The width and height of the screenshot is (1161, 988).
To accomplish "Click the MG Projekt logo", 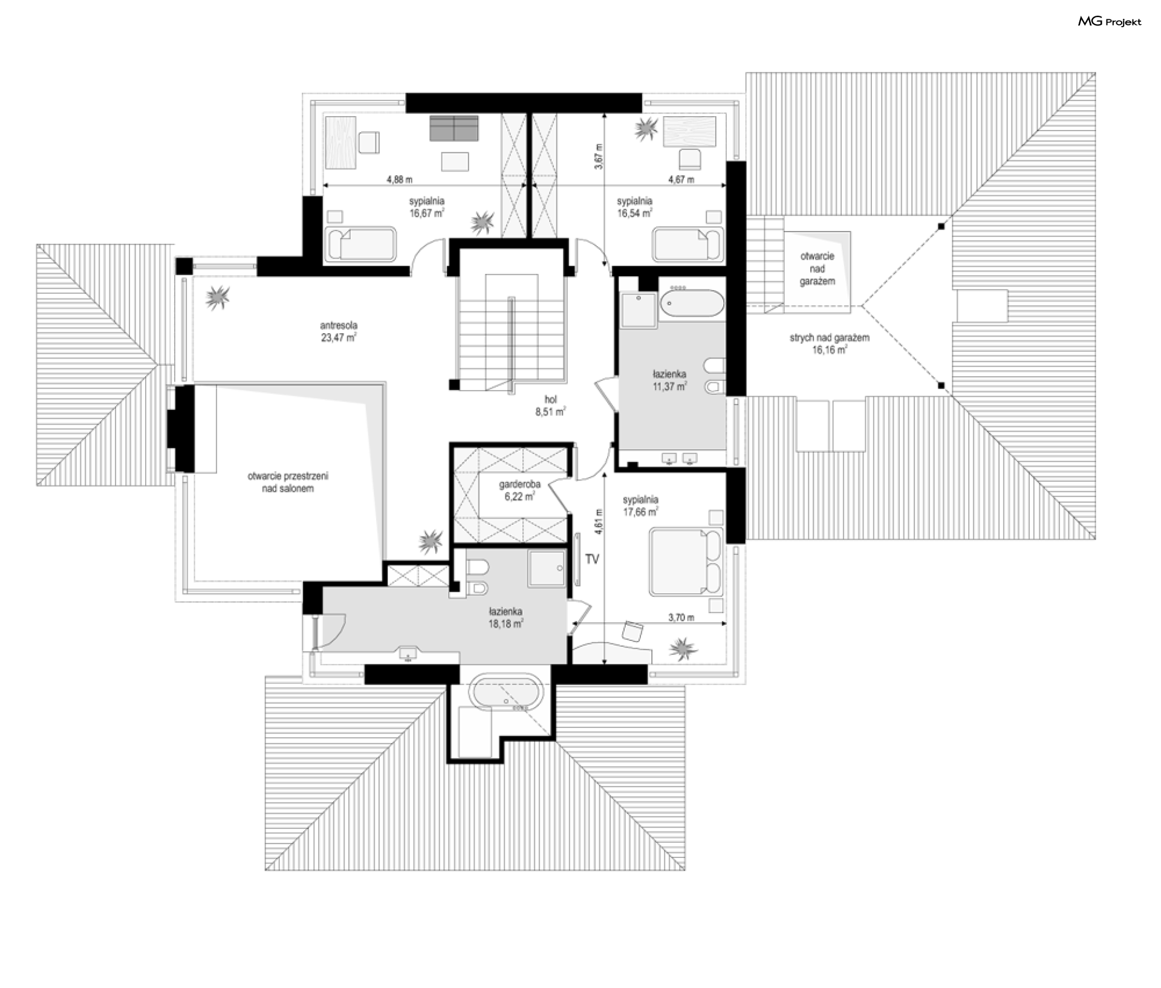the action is pos(1110,22).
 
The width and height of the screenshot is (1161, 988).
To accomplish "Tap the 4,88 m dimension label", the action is pos(400,180).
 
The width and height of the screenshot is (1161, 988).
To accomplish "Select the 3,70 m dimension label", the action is pos(681,617).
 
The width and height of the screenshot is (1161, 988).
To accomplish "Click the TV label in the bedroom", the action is pos(592,559).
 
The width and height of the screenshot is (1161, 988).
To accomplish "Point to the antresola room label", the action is pos(339,331).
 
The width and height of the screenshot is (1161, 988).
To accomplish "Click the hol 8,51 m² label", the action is pos(550,406).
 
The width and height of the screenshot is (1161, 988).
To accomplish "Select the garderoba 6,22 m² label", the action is pos(519,490).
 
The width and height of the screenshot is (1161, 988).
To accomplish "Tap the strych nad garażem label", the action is pos(829,343).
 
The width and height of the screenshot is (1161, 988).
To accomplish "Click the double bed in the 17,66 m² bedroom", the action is pos(686,562).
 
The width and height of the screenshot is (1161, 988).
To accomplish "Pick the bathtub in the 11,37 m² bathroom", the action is pos(691,304).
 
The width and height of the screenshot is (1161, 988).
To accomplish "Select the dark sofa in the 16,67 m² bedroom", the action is pos(454,127).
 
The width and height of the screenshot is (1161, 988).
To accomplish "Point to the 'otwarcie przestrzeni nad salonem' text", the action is pos(288,483).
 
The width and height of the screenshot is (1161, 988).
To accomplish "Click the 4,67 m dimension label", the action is pos(681,180).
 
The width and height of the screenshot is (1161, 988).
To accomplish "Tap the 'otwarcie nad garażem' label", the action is pos(817,268).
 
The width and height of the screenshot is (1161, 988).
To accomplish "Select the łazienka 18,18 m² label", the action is pos(506,617).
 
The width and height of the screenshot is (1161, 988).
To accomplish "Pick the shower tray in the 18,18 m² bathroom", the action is pos(547,568).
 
